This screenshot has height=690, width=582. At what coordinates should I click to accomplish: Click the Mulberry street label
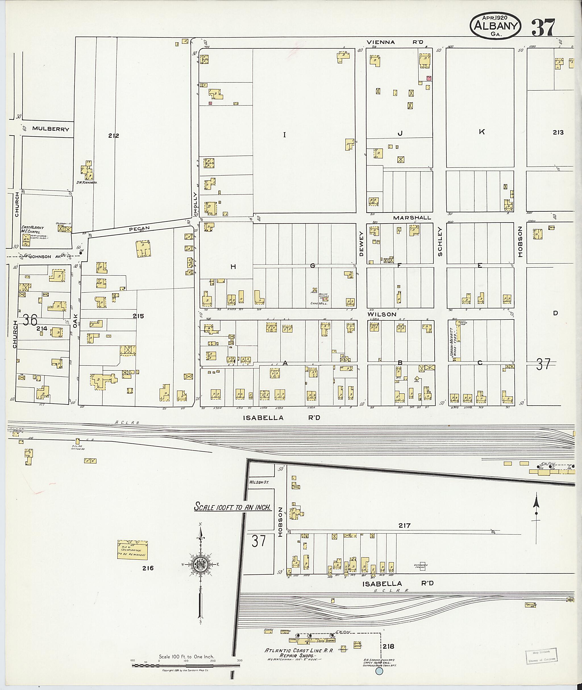(51, 129)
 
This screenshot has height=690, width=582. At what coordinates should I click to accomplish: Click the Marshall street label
(412, 218)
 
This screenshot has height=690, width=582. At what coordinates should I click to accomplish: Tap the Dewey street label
(361, 248)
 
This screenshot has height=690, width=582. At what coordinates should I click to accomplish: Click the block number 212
(113, 136)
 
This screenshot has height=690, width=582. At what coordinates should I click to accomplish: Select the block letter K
(482, 132)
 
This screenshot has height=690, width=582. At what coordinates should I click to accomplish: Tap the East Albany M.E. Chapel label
(33, 229)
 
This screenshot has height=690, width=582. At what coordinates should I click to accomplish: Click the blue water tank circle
(379, 671)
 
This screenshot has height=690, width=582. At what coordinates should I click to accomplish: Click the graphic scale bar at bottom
(186, 665)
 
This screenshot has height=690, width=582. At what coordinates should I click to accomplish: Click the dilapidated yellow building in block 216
(132, 549)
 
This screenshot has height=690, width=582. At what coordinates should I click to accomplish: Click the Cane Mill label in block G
(318, 303)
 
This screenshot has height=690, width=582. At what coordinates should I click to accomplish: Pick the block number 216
(148, 568)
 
